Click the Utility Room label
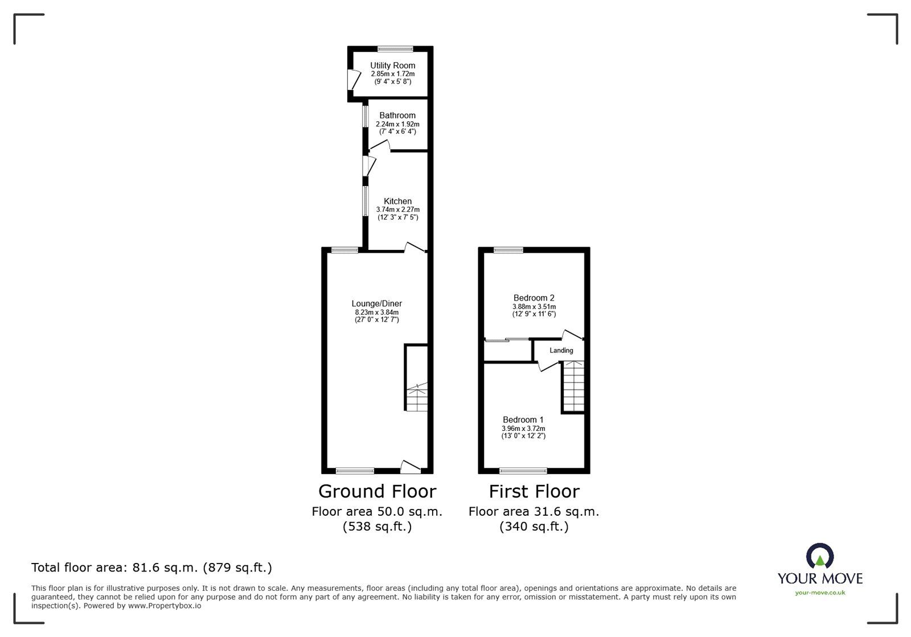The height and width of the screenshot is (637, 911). pyautogui.click(x=392, y=65)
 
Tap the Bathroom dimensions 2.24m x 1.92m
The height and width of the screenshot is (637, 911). pyautogui.click(x=397, y=124)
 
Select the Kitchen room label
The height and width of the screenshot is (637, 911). pyautogui.click(x=397, y=201)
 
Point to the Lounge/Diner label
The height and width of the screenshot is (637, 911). pyautogui.click(x=376, y=303)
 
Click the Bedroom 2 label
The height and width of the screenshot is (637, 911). pyautogui.click(x=534, y=298)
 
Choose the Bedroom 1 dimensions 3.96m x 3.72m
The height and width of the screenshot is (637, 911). pyautogui.click(x=523, y=429)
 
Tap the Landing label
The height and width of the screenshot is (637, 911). pyautogui.click(x=561, y=350)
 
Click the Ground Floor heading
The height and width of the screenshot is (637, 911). pyautogui.click(x=377, y=491)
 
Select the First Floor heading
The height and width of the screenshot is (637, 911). pyautogui.click(x=534, y=491)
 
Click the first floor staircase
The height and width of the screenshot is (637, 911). pyautogui.click(x=574, y=387)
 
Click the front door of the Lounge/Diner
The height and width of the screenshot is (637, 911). pyautogui.click(x=410, y=467)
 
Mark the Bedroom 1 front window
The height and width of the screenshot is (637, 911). pyautogui.click(x=523, y=471)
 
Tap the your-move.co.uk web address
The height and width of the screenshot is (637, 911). pyautogui.click(x=820, y=593)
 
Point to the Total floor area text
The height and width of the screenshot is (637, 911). pyautogui.click(x=151, y=568)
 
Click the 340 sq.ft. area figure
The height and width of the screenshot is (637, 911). pyautogui.click(x=534, y=527)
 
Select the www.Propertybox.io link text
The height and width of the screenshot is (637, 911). pyautogui.click(x=165, y=606)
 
